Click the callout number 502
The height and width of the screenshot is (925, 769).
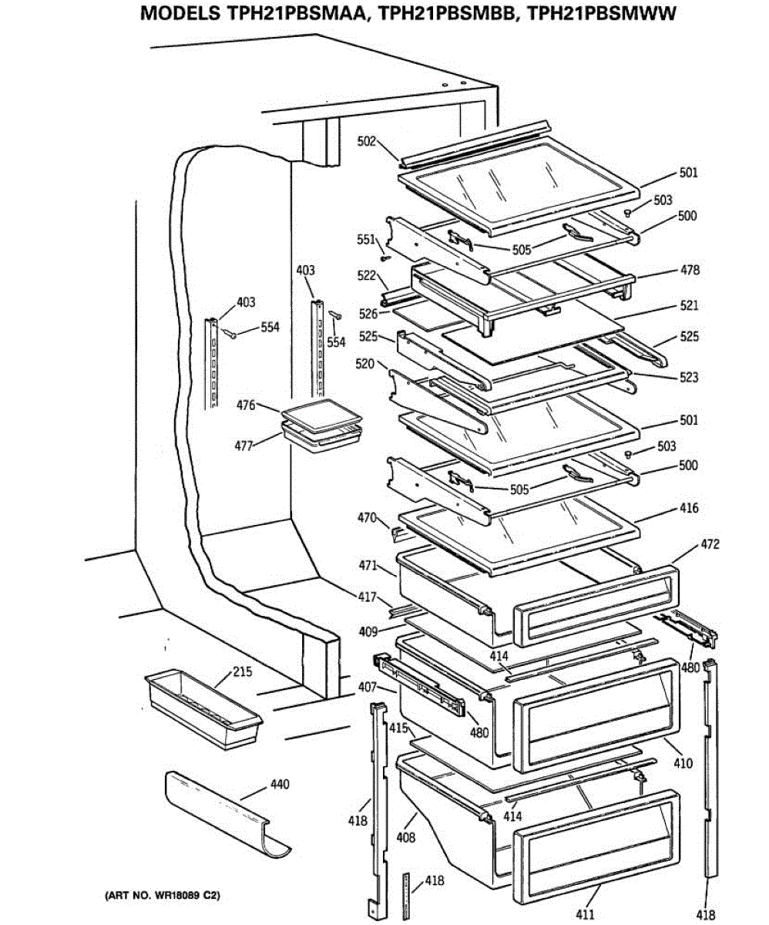pos(367,141)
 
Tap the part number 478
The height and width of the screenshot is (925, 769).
pos(689,271)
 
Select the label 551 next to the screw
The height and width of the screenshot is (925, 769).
pos(365,239)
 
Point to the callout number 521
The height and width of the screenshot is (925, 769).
pos(689,306)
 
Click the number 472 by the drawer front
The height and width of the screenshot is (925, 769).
pos(710,545)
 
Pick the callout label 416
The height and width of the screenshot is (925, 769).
pos(689,508)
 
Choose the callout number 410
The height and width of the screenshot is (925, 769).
pos(683,764)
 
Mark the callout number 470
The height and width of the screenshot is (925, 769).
pos(367,519)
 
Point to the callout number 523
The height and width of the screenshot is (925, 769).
pos(689,378)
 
